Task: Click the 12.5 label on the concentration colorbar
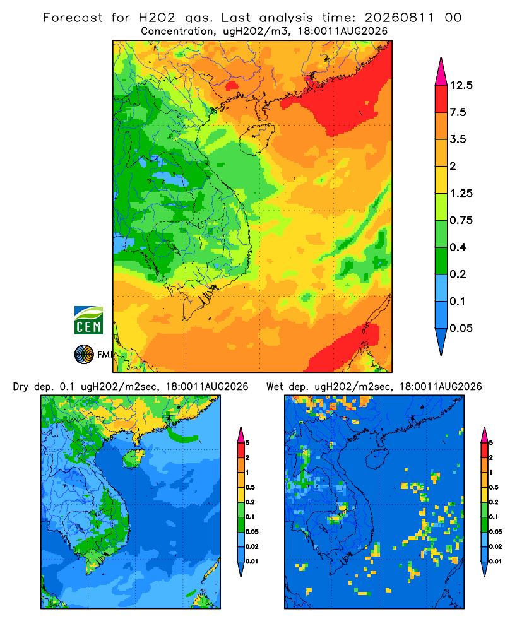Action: (x=461, y=85)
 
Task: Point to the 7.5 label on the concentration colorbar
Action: (x=458, y=112)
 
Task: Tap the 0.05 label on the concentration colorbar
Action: (x=461, y=328)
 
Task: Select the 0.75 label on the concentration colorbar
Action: (x=461, y=220)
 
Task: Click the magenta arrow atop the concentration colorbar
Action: (x=441, y=72)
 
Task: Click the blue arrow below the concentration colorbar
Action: (x=441, y=341)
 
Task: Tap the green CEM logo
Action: (x=88, y=320)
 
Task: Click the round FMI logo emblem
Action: (x=84, y=355)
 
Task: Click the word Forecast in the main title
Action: (x=73, y=18)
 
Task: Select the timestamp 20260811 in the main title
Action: (x=400, y=18)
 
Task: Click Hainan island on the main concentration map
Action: (x=256, y=139)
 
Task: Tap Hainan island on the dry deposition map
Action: (x=133, y=458)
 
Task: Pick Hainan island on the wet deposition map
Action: (x=377, y=458)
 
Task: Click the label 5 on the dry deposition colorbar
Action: (x=247, y=443)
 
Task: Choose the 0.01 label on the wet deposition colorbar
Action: (x=496, y=562)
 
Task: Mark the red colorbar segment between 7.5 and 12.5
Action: (x=441, y=99)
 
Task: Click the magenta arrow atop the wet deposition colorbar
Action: (x=484, y=435)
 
